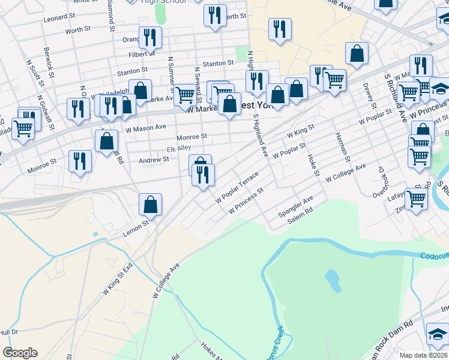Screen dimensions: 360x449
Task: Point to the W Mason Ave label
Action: click(x=145, y=127)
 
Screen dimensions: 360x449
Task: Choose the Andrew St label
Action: click(x=154, y=160)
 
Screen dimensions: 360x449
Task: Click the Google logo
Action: click(x=20, y=353)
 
